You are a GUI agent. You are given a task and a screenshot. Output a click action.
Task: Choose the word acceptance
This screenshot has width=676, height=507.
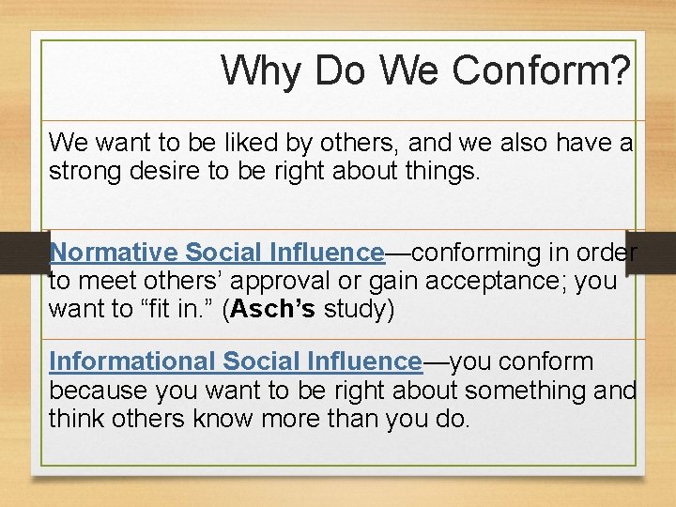point(475,281)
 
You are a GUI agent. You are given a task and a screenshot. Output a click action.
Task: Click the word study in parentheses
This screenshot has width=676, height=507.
point(358,309)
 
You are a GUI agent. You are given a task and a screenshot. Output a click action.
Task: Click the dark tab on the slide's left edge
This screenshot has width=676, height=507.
point(21,253)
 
